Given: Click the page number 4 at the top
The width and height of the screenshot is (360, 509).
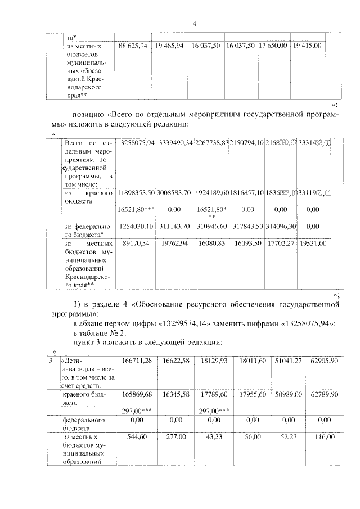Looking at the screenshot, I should [194, 24].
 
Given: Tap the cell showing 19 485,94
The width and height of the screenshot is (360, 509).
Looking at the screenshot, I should [169, 45].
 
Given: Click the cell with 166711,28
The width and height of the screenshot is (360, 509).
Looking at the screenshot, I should [136, 361].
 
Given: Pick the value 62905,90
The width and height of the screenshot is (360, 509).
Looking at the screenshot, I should [323, 361].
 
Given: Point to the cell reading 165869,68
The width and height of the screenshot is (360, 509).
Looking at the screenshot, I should [136, 395].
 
